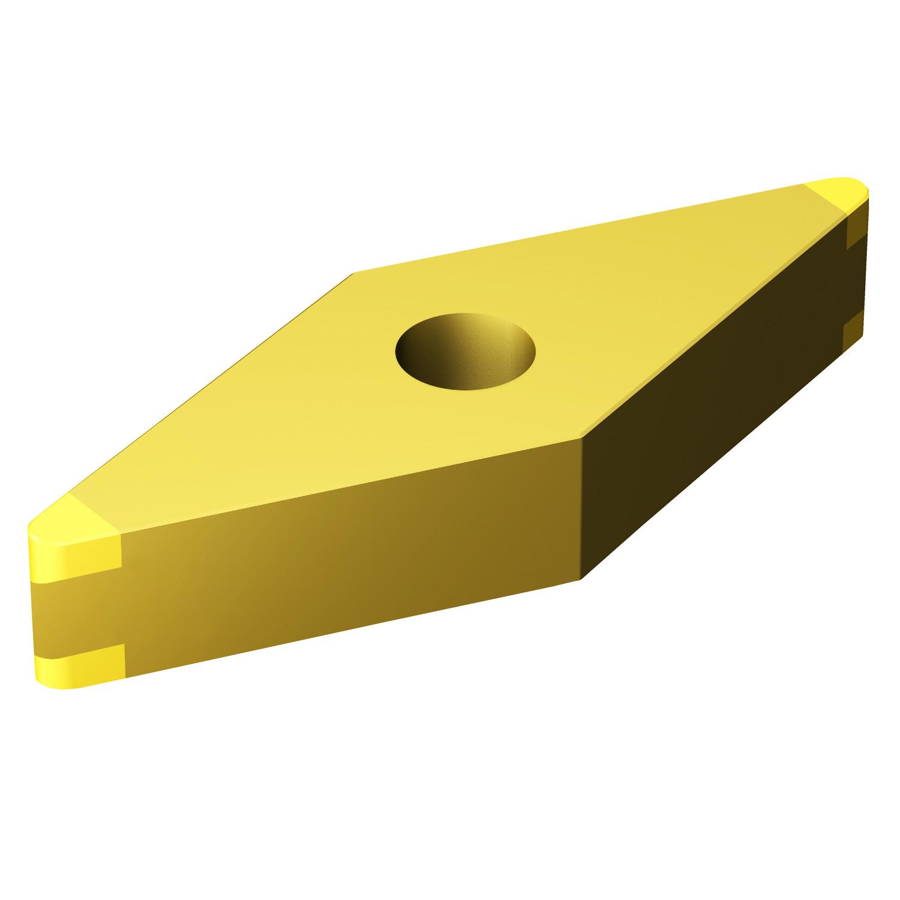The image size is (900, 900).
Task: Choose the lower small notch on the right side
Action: (854, 333)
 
